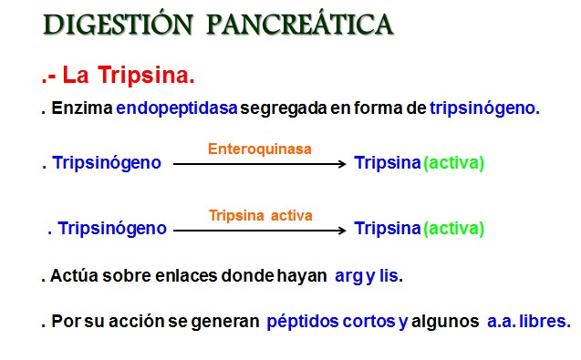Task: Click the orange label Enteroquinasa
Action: click(260, 147)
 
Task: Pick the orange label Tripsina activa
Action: click(260, 216)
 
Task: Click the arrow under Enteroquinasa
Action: click(260, 164)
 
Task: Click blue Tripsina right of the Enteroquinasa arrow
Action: click(388, 163)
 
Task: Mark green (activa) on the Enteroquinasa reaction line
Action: click(453, 163)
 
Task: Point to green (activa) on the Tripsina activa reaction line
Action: click(453, 229)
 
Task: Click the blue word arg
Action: click(348, 274)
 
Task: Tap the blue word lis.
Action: click(389, 274)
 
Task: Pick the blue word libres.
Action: click(545, 321)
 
